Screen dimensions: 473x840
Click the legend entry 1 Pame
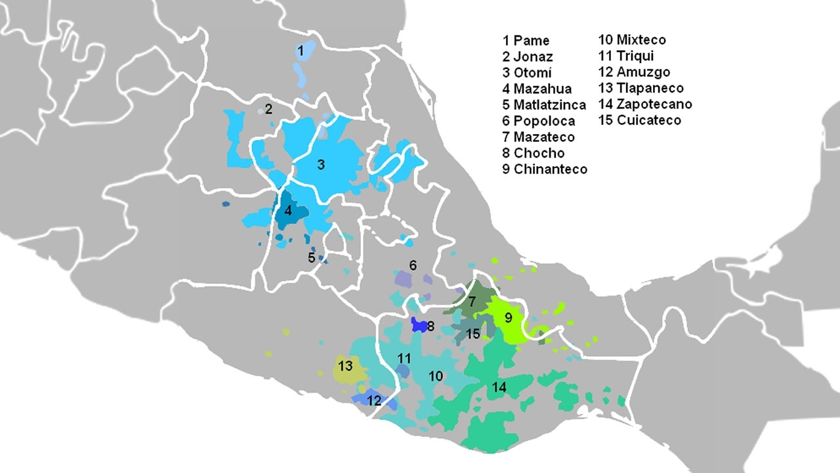click(x=526, y=41)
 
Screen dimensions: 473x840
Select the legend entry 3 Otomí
click(x=528, y=73)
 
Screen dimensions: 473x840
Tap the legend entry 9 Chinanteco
click(x=545, y=169)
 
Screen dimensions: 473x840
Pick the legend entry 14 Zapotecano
click(x=644, y=104)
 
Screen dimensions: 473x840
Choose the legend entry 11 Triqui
click(x=625, y=56)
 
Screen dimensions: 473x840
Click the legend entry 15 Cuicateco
click(x=639, y=120)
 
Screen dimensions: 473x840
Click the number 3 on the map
click(x=321, y=165)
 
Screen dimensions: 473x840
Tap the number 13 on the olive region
click(x=346, y=365)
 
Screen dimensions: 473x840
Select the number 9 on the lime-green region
click(x=508, y=319)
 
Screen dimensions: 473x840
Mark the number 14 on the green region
click(x=499, y=388)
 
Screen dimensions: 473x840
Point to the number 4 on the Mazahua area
click(x=288, y=212)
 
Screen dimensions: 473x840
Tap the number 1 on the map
click(x=301, y=50)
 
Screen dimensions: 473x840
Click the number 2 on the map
click(x=268, y=108)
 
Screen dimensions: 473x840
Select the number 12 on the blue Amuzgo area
click(x=374, y=400)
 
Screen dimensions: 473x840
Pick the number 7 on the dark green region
click(x=472, y=303)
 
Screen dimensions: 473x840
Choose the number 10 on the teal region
click(x=436, y=376)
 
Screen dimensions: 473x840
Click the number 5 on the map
click(x=312, y=258)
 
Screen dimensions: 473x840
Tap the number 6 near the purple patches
click(x=413, y=265)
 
